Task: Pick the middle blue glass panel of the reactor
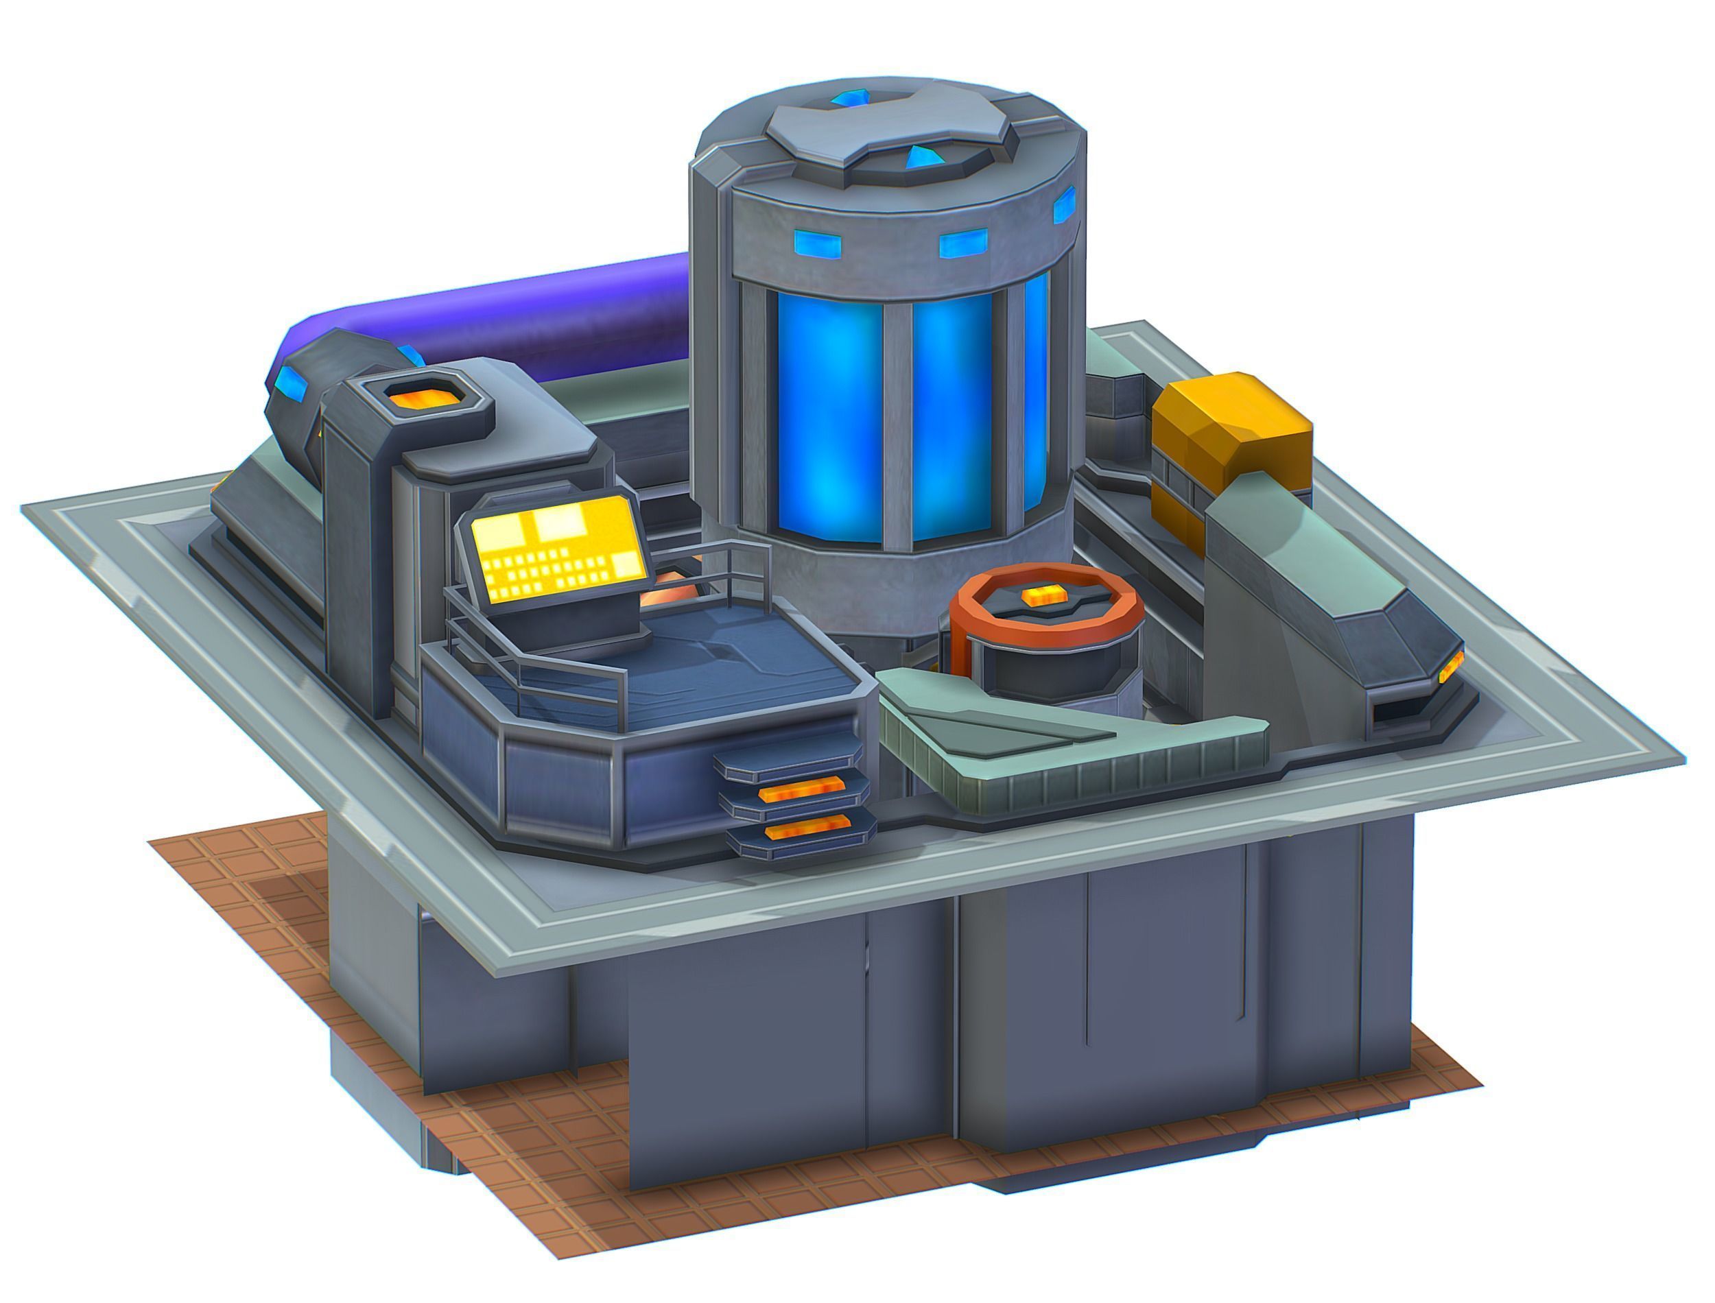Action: [950, 419]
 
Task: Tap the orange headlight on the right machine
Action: [1449, 667]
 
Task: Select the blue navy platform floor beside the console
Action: [729, 659]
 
